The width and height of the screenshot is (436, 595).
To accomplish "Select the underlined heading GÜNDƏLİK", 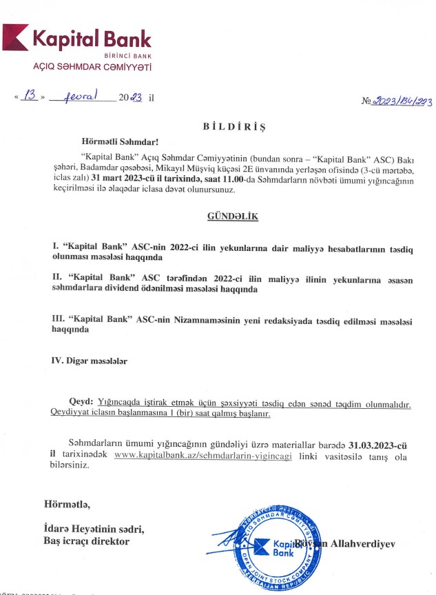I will pyautogui.click(x=232, y=216).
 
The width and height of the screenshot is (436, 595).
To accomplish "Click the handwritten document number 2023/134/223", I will pyautogui.click(x=402, y=101).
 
